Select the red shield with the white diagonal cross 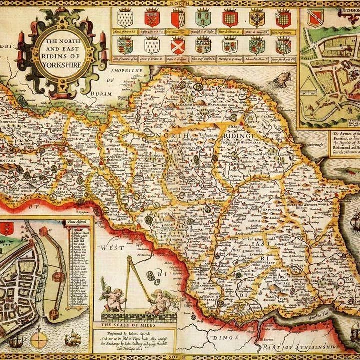(177, 45)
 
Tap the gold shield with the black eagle (256, 18)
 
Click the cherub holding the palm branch (114, 299)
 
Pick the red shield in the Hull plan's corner (6, 228)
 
